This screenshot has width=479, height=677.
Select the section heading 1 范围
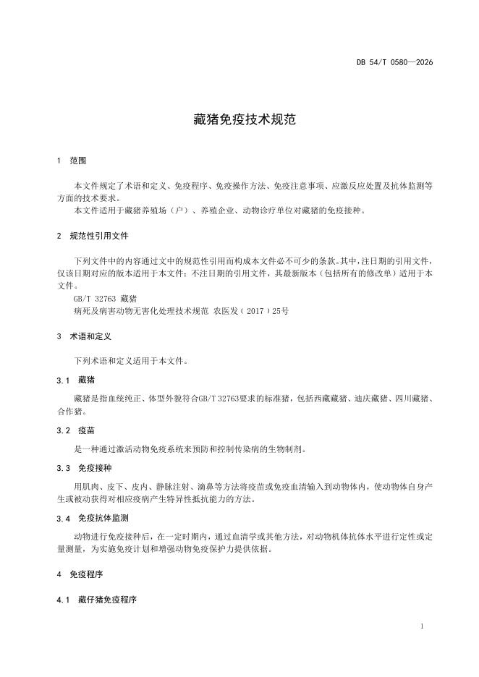tap(72, 160)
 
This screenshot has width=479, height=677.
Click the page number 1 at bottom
tap(422, 626)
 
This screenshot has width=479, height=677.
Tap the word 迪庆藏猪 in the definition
tap(370, 398)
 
